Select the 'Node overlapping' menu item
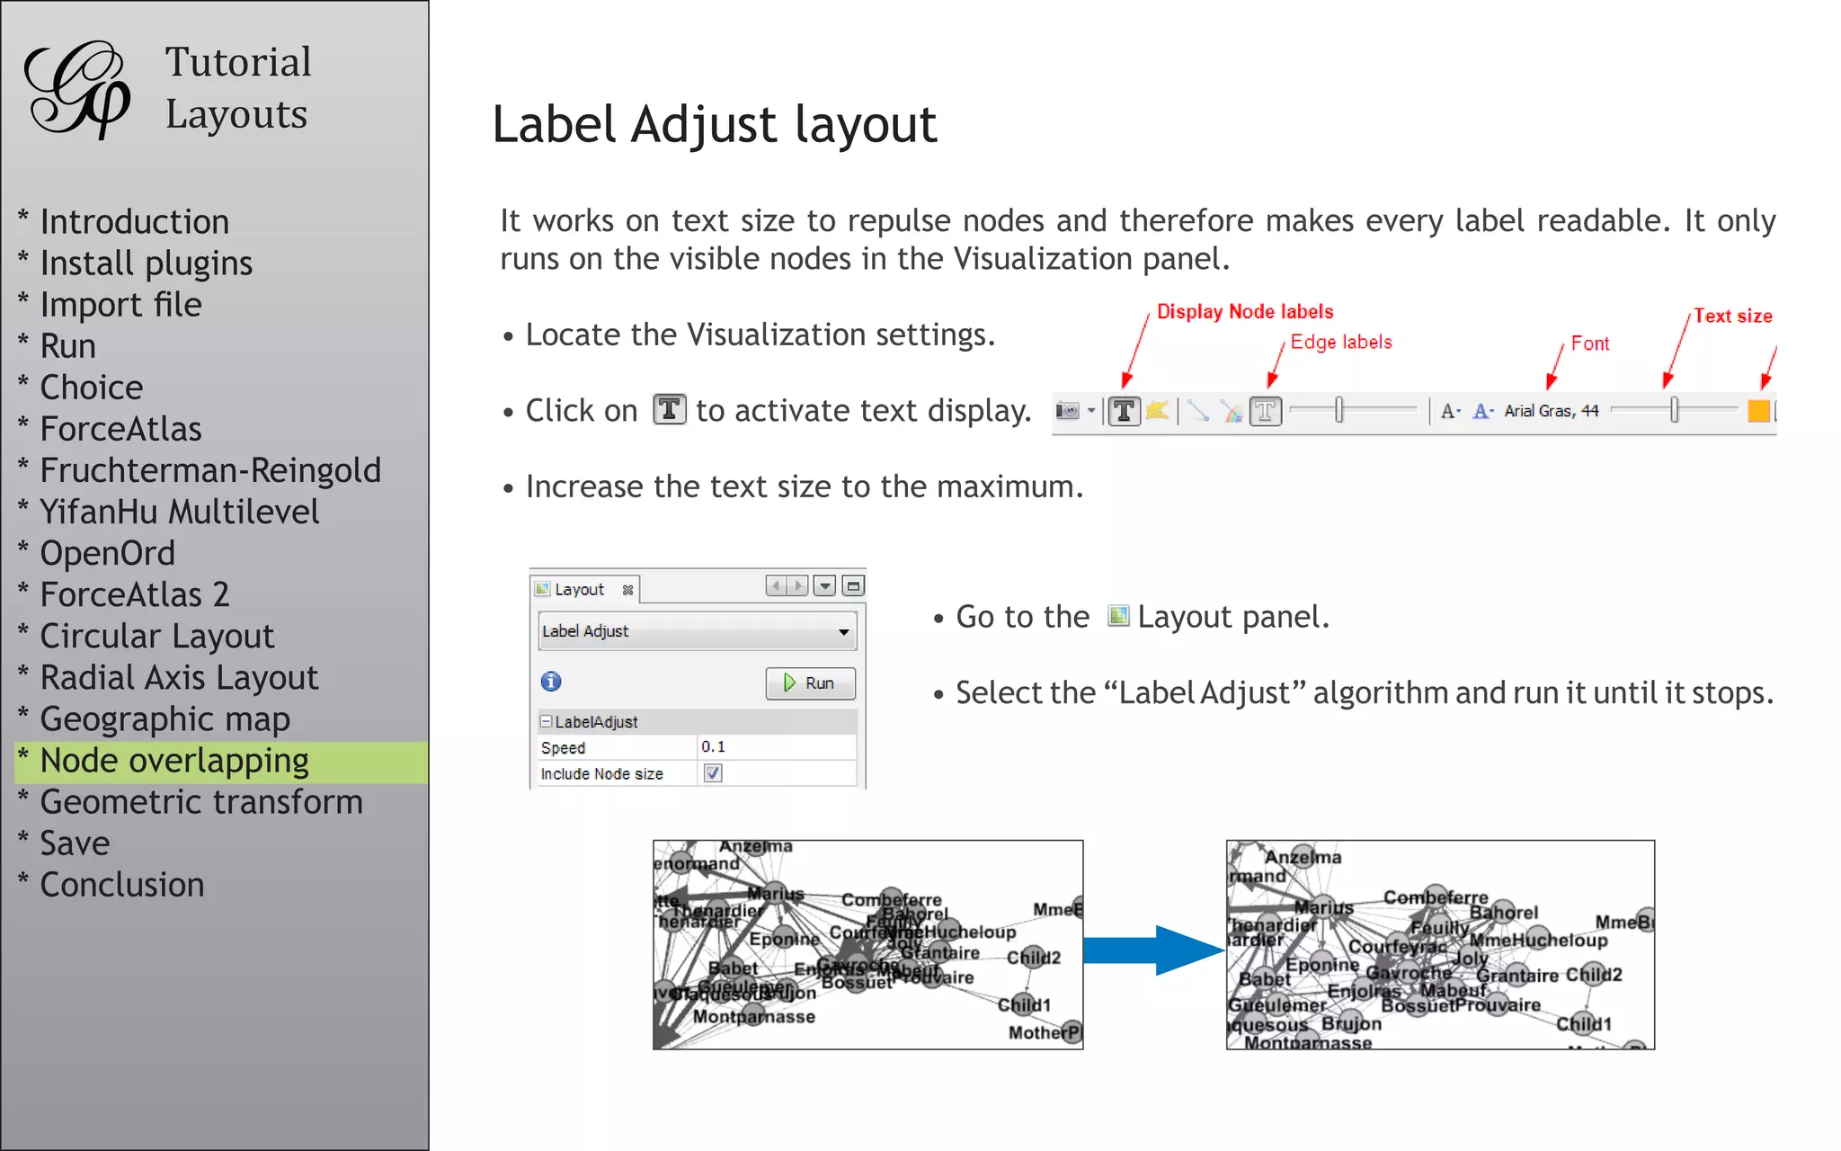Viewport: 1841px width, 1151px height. (174, 761)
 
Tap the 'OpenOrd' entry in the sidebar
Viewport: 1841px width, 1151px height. (108, 553)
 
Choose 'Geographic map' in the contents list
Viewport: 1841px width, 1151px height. (165, 719)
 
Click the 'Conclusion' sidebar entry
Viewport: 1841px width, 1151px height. (122, 885)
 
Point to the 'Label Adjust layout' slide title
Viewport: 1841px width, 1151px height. (715, 124)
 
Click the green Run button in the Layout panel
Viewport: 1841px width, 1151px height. (810, 683)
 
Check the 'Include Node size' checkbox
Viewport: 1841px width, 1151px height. (713, 773)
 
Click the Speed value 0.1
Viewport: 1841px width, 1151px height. (714, 747)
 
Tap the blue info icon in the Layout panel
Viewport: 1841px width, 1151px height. (551, 682)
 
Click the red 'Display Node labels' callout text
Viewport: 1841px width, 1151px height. (1245, 312)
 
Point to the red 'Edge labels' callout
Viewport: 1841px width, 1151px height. (1341, 342)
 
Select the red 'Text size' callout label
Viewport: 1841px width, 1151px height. (1732, 316)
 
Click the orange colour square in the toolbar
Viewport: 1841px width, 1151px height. (1758, 411)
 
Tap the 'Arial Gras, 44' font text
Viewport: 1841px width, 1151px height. (1552, 411)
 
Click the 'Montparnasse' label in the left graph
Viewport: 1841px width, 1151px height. (754, 1017)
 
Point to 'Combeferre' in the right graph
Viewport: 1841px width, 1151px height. (1436, 897)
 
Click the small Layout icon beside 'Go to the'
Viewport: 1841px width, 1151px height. (1118, 616)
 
